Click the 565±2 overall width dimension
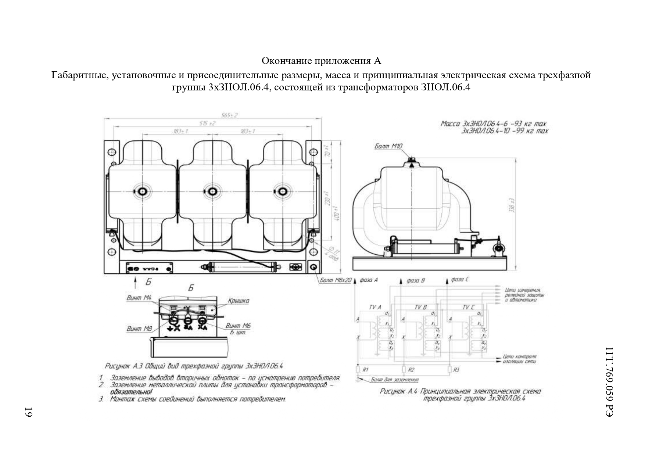229,115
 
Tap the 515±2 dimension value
207,123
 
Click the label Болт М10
388,146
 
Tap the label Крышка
238,301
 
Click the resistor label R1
365,370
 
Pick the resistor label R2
411,370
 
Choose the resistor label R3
456,370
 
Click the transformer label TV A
375,307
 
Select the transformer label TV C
468,307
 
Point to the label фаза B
415,280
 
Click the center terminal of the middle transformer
212,191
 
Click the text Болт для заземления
395,380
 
